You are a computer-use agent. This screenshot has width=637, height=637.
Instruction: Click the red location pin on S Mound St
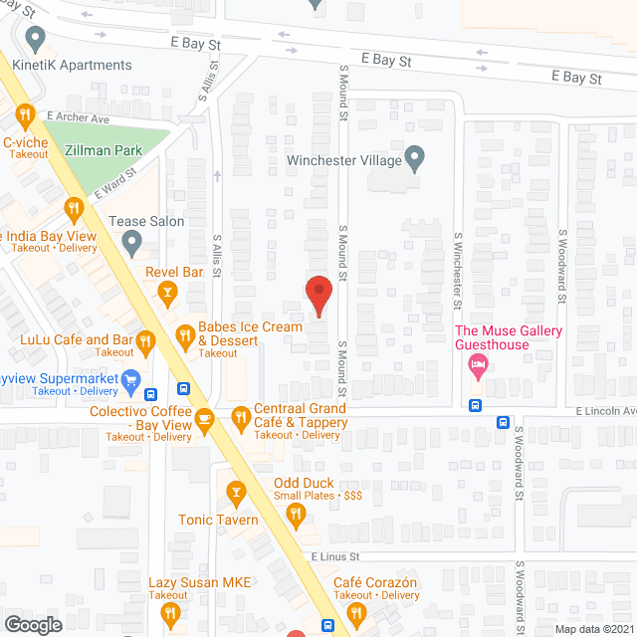[318, 295]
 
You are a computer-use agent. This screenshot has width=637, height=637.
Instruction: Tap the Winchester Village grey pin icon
[415, 156]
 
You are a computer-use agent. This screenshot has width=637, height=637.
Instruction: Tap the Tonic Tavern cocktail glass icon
[236, 492]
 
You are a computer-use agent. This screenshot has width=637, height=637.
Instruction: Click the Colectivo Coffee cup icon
[205, 417]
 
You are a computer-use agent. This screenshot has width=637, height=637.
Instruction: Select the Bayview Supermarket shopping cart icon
[130, 379]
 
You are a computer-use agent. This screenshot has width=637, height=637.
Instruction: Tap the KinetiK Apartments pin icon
[38, 41]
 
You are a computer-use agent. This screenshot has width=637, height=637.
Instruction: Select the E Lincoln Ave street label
[603, 410]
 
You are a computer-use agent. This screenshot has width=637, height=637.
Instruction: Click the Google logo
[33, 624]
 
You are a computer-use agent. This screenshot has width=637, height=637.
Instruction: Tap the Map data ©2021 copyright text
[593, 628]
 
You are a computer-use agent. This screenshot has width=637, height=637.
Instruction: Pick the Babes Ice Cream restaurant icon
[185, 336]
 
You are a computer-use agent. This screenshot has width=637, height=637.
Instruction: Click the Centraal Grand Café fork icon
[240, 417]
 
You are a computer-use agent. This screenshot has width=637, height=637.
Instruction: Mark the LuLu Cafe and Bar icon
[146, 341]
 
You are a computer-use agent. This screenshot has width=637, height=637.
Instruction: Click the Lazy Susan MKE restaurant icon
[170, 613]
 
